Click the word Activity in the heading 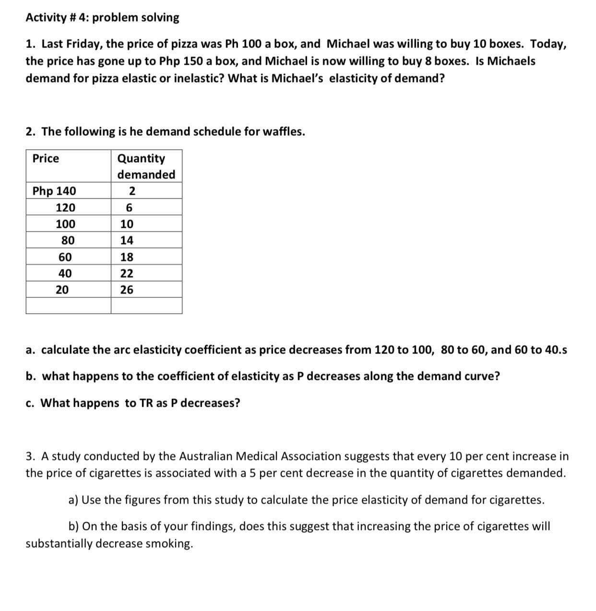(46, 18)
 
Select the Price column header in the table (46, 158)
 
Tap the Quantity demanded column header (146, 166)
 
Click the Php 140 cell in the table (54, 191)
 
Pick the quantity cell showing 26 (127, 290)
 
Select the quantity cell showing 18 (127, 257)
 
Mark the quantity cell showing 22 (127, 273)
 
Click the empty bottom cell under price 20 (68, 305)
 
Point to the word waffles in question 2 (285, 131)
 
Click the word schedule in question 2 (218, 131)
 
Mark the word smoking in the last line (169, 543)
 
